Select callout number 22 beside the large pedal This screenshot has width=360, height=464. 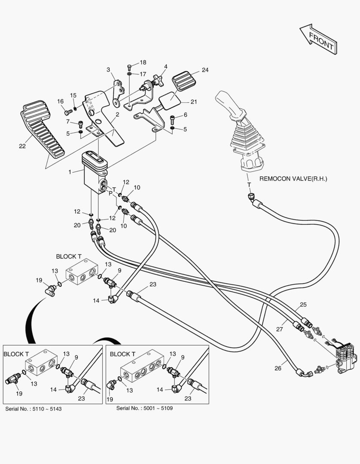(22, 146)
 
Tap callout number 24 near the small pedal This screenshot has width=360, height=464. (205, 70)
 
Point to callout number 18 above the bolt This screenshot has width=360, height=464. (143, 62)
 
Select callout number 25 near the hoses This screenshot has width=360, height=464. (303, 305)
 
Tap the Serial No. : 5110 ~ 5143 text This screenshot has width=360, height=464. (34, 409)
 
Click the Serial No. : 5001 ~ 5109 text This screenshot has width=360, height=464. (145, 407)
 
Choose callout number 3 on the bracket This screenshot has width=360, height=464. (108, 70)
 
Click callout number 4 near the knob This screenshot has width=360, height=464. (165, 67)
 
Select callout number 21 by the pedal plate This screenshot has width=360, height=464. (193, 102)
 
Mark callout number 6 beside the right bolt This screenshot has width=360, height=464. (185, 115)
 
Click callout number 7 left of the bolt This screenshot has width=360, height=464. (68, 122)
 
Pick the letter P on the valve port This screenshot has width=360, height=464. (110, 194)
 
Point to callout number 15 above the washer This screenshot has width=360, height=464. (73, 95)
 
